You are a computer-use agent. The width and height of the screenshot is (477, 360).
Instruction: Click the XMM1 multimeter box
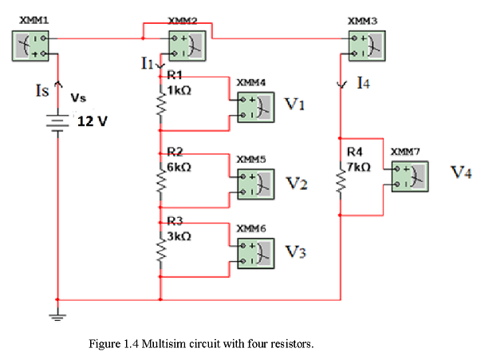30,46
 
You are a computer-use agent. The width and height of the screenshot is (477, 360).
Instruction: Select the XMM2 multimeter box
187,46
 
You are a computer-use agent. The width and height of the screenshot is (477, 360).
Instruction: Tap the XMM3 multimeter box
367,46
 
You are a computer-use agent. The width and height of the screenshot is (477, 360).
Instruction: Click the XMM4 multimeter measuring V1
256,108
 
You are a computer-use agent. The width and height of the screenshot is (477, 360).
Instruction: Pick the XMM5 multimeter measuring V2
256,184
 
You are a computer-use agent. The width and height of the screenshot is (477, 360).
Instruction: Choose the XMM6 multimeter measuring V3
256,254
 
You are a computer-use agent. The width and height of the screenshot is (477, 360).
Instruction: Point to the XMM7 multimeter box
410,176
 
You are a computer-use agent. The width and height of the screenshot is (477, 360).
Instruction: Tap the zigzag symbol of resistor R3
161,250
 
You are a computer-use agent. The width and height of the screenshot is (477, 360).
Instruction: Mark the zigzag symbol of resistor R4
341,180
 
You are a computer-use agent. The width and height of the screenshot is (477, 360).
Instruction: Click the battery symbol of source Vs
57,123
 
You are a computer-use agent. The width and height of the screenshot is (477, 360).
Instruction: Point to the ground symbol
57,317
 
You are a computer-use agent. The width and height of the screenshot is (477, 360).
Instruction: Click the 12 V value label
93,121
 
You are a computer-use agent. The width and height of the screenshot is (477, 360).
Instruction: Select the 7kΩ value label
359,167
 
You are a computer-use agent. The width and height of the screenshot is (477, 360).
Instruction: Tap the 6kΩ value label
179,167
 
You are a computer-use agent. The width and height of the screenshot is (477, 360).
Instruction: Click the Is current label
42,90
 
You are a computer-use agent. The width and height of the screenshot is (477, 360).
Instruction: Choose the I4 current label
364,83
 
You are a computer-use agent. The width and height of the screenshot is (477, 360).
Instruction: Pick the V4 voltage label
461,172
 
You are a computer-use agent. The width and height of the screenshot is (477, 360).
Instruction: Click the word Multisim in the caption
164,344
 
